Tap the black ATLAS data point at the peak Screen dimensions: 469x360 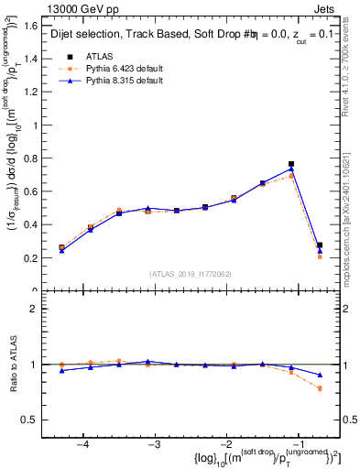[291, 164]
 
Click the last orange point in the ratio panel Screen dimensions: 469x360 [320, 388]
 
